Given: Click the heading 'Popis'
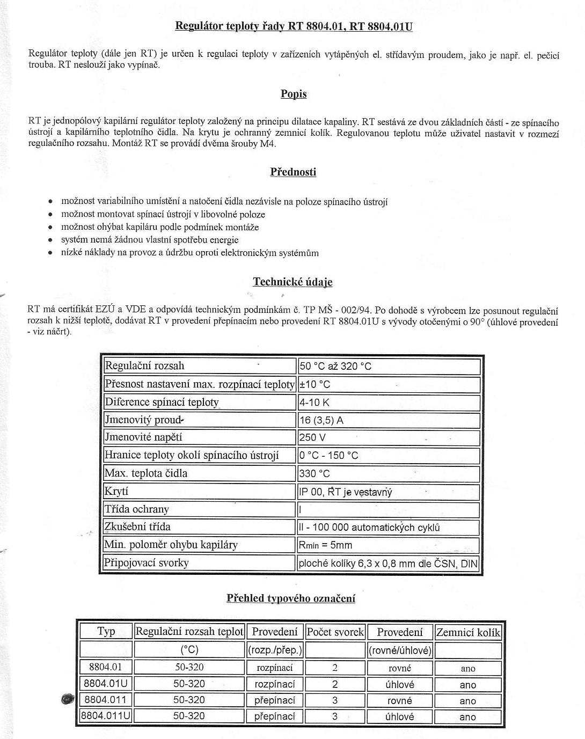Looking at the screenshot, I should (294, 94).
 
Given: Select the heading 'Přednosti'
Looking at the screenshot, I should (293, 172).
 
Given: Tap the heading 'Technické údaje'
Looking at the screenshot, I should (292, 282).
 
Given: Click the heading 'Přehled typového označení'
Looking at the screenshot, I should (291, 598).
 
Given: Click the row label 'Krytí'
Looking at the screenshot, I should (116, 491).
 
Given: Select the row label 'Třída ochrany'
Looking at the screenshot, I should (137, 509).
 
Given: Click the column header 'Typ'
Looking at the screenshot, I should (106, 632).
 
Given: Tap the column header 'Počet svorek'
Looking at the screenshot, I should (335, 632).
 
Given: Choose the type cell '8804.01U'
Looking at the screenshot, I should (106, 684).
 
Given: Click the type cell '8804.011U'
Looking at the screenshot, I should (106, 716).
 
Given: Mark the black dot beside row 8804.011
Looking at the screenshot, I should (68, 699).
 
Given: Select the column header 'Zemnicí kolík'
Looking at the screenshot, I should (468, 632).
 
